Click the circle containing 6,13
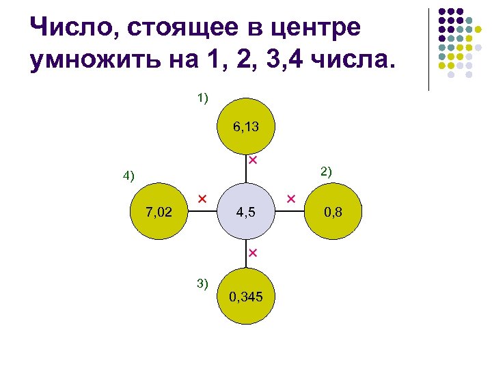(x=246, y=127)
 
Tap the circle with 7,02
(x=159, y=213)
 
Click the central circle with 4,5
(x=246, y=213)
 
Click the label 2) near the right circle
(x=326, y=171)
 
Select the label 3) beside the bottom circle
(x=202, y=282)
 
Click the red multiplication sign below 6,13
(x=252, y=161)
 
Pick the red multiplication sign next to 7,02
(x=202, y=198)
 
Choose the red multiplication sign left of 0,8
(x=290, y=199)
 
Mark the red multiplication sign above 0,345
(x=251, y=254)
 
